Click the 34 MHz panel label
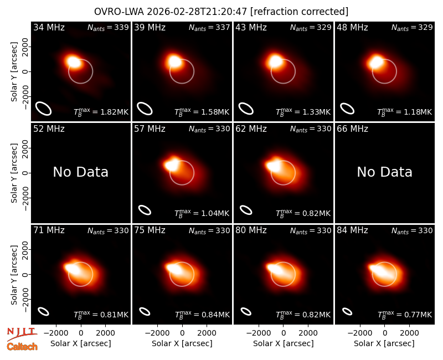point(49,27)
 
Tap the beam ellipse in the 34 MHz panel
point(43,109)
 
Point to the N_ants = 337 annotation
point(209,28)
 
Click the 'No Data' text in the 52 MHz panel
point(81,172)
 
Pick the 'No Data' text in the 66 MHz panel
point(384,172)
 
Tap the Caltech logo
point(22,347)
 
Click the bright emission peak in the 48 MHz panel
point(377,61)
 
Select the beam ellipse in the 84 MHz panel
point(347,311)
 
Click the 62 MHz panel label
point(251,129)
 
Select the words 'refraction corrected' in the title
point(300,12)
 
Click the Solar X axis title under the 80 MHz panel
point(284,343)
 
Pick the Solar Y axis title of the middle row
point(14,173)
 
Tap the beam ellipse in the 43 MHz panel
point(246,109)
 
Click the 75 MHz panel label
point(150,230)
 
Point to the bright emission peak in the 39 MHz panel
point(174,61)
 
